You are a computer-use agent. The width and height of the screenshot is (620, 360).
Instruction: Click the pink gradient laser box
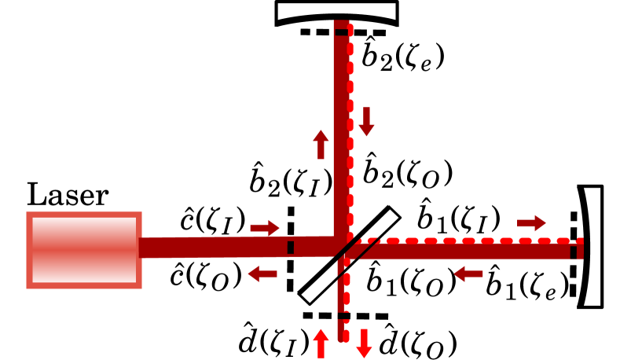(84, 250)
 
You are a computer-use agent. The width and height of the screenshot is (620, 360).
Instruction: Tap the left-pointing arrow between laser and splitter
(262, 274)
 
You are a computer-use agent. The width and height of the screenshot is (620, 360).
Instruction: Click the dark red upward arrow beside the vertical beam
(321, 145)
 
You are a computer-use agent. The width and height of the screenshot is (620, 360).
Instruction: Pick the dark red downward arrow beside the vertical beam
(366, 122)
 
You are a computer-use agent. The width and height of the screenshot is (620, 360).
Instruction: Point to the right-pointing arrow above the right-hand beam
(532, 223)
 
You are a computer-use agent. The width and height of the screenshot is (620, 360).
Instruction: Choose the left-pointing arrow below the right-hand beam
(468, 274)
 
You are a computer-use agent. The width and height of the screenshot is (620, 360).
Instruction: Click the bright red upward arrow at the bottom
(321, 343)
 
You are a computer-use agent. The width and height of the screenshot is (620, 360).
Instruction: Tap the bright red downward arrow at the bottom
(364, 343)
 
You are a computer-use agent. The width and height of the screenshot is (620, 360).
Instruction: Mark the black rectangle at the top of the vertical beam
(341, 32)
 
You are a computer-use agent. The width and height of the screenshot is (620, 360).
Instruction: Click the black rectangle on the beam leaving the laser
(291, 248)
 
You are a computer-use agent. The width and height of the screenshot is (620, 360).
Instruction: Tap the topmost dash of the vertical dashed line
(350, 30)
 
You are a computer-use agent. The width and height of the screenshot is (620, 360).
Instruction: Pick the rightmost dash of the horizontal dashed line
(580, 241)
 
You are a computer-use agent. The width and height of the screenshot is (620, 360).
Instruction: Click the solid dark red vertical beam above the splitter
(340, 134)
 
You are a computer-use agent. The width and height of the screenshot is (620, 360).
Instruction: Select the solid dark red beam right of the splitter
(471, 252)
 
